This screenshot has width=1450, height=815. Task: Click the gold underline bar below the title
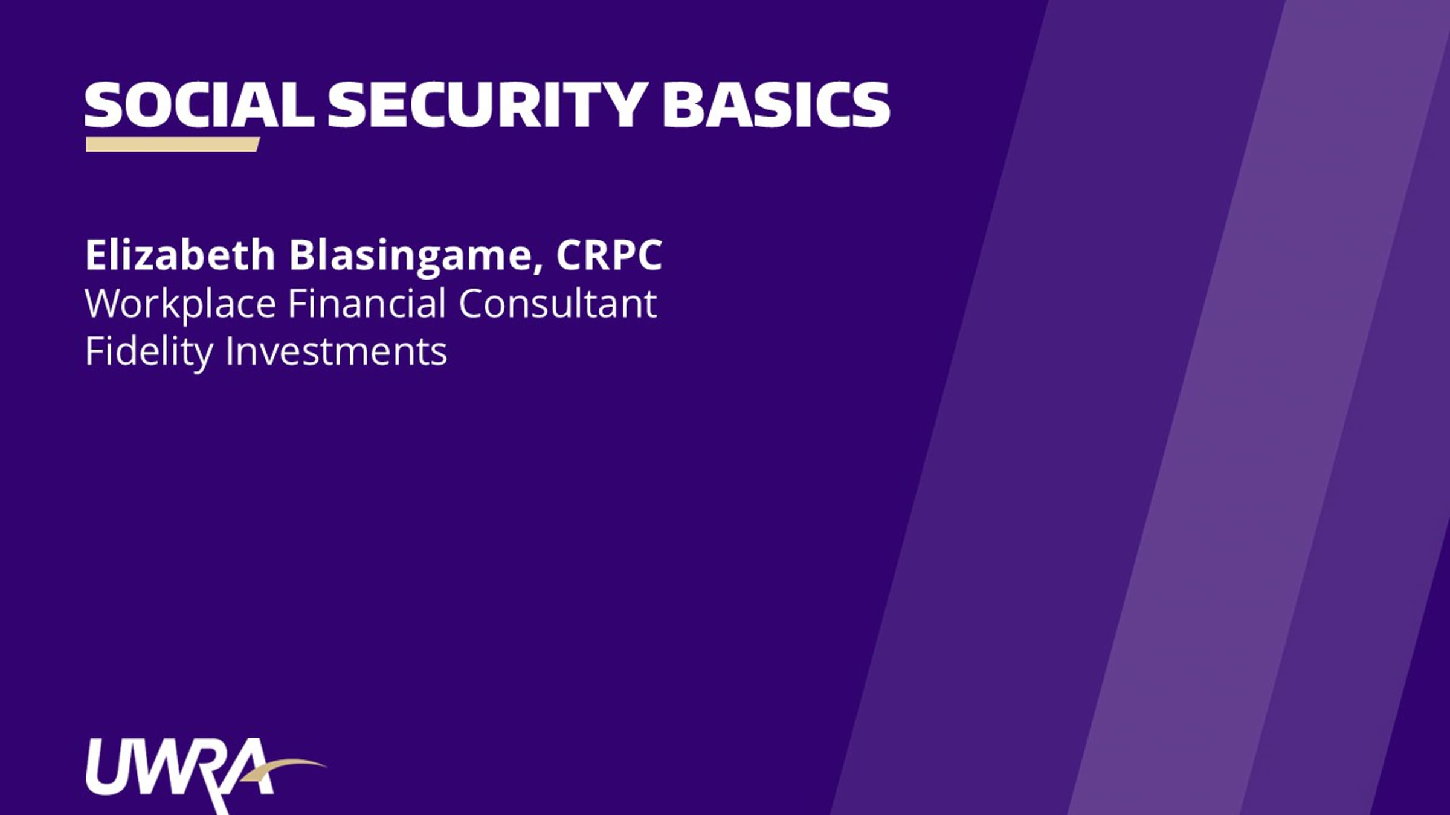click(173, 144)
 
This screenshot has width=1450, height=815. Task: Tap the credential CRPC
click(609, 255)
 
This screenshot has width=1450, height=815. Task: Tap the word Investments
click(336, 351)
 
